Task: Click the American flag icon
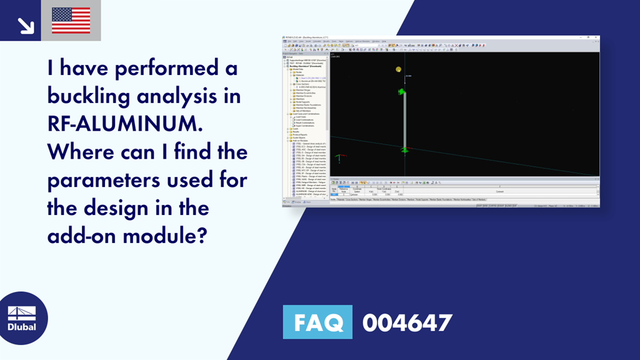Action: tap(71, 20)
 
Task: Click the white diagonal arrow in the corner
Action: tap(26, 24)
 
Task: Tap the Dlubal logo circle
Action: tap(22, 317)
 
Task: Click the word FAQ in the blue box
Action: tap(317, 323)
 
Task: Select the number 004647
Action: tap(407, 323)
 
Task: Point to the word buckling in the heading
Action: tap(84, 97)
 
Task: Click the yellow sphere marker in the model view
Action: tap(398, 69)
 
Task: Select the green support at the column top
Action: tap(403, 92)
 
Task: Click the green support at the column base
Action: tap(404, 149)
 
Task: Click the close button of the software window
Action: tap(597, 37)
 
